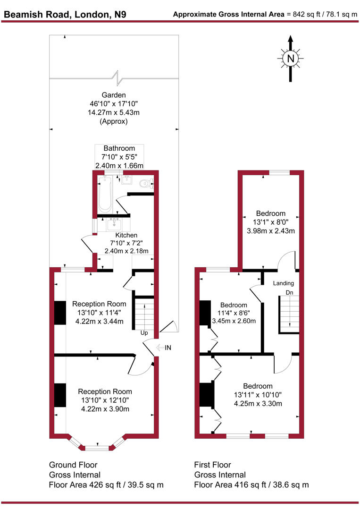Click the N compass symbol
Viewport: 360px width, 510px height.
click(x=291, y=59)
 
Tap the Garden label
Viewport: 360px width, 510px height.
click(x=113, y=94)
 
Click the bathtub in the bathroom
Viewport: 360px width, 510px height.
click(x=105, y=195)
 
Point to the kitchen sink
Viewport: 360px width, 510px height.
click(x=113, y=224)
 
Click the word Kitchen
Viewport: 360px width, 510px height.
click(x=126, y=235)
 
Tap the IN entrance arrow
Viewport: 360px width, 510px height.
click(x=163, y=348)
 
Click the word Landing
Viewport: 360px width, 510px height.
click(x=284, y=283)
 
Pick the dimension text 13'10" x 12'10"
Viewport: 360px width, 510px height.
click(x=105, y=400)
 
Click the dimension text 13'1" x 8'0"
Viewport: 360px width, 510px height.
click(x=271, y=222)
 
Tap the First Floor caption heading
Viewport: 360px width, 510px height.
click(x=212, y=465)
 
